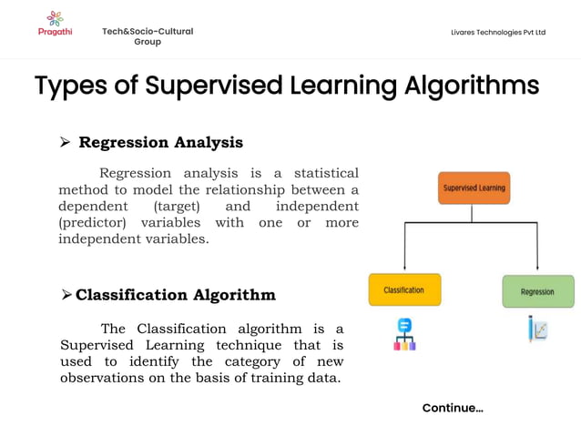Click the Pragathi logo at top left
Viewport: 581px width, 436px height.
click(56, 23)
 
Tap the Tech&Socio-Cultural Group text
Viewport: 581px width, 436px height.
click(148, 36)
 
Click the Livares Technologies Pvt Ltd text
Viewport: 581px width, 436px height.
click(498, 33)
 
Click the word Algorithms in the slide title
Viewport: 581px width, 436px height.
click(471, 86)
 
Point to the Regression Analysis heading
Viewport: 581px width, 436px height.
click(160, 142)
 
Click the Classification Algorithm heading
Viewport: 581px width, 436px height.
click(175, 295)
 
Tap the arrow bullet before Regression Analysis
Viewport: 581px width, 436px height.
click(65, 143)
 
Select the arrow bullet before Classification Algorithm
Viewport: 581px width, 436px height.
click(66, 295)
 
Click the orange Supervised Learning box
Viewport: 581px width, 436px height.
click(474, 188)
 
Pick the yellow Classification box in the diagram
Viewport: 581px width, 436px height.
click(404, 290)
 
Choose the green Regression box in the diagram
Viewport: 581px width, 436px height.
click(537, 291)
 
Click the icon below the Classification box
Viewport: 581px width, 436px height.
click(404, 333)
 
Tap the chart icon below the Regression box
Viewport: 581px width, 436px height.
click(537, 330)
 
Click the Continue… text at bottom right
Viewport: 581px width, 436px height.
click(453, 408)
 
